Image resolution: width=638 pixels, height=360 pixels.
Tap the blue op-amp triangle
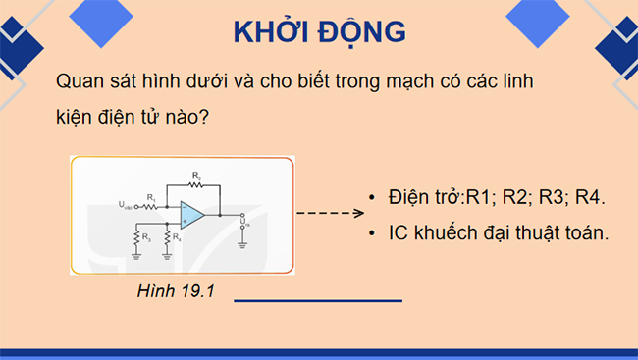191,213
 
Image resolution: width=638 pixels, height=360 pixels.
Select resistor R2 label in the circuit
196,175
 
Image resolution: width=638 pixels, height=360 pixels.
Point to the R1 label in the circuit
151,197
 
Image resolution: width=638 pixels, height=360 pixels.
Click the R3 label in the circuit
145,236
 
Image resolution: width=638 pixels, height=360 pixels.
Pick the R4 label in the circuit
176,236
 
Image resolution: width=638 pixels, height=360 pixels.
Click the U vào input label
125,206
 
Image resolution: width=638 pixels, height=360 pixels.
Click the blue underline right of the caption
318,301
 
